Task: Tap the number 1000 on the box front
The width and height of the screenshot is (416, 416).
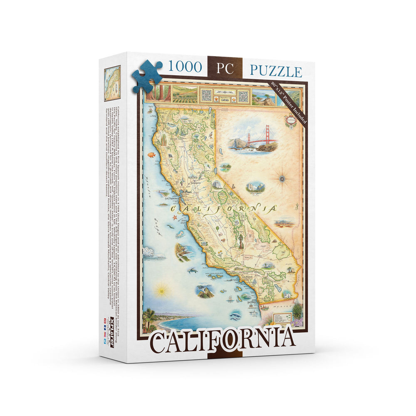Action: pyautogui.click(x=185, y=67)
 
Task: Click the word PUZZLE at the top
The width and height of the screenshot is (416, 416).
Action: pyautogui.click(x=276, y=71)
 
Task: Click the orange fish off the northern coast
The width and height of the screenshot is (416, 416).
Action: pyautogui.click(x=151, y=155)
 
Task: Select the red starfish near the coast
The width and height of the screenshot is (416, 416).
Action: pyautogui.click(x=175, y=218)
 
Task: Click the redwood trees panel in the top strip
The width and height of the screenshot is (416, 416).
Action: pyautogui.click(x=158, y=94)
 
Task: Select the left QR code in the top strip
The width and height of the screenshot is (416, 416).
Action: pyautogui.click(x=206, y=95)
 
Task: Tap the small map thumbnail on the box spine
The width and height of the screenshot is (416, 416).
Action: pyautogui.click(x=112, y=83)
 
